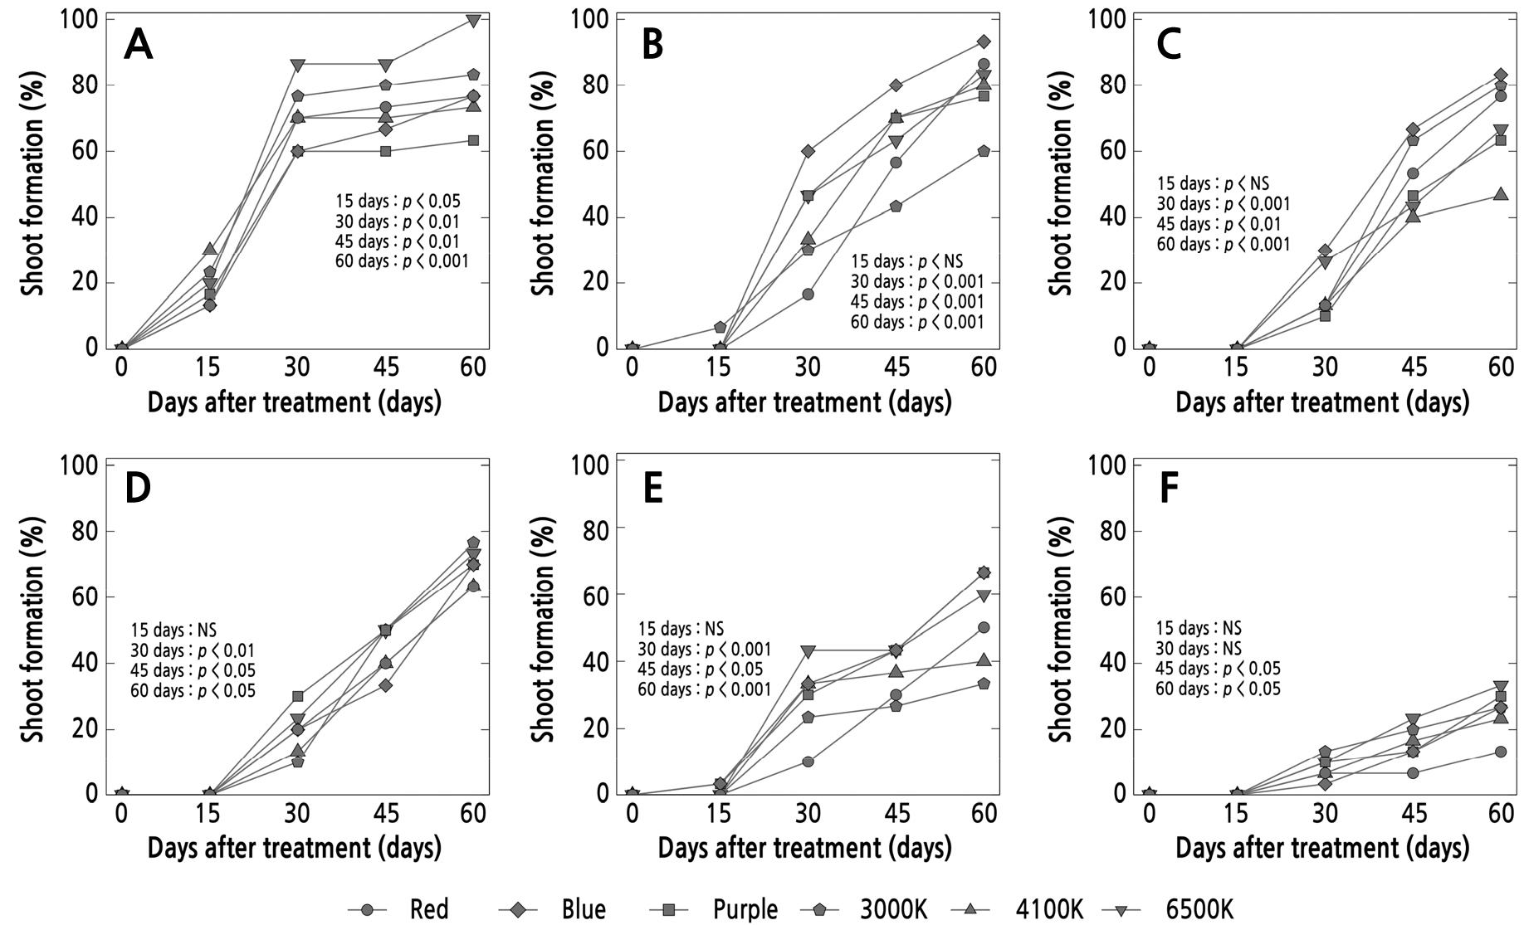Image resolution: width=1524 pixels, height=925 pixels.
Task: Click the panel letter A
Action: pos(139,46)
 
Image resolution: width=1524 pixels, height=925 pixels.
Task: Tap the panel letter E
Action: pos(652,489)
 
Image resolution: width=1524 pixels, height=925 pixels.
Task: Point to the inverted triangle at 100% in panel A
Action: pos(473,21)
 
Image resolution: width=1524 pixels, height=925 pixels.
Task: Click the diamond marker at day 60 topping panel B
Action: pos(984,41)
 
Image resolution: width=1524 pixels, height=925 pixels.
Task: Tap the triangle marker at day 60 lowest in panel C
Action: pos(1501,194)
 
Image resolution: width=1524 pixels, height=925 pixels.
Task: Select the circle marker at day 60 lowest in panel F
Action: pos(1501,752)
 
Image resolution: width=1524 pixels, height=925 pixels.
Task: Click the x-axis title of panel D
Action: pos(295,848)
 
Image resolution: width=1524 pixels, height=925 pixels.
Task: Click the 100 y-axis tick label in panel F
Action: pos(1110,465)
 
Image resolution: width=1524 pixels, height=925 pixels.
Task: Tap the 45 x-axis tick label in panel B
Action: pos(896,367)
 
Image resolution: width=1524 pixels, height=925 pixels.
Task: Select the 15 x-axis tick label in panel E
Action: pos(720,813)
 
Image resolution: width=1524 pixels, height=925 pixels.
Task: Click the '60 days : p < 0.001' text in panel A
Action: pos(402,261)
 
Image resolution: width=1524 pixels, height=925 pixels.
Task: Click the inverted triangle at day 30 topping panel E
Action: pos(808,650)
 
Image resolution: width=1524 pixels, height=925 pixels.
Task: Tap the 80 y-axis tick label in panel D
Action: pos(81,531)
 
